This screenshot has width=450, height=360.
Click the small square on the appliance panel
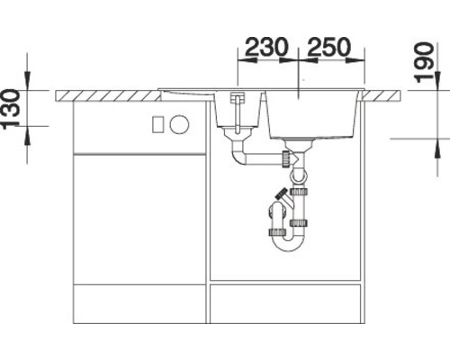click(157, 122)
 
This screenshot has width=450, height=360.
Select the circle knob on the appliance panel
click(179, 122)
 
